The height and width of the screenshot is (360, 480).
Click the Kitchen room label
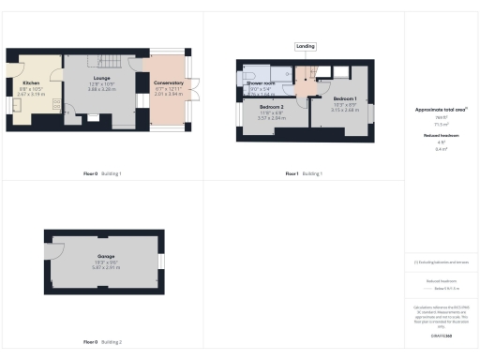tap(31, 82)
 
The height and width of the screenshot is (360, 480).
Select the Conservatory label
tap(169, 82)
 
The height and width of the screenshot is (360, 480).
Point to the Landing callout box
tap(305, 45)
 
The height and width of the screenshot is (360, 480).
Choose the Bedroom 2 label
tap(272, 107)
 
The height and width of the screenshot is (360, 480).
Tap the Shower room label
tap(261, 83)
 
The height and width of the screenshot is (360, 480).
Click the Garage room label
tap(105, 256)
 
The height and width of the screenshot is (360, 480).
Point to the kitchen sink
tap(15, 99)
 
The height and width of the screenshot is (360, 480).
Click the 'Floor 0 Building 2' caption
tap(102, 342)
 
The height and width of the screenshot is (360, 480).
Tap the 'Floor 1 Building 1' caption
tap(304, 173)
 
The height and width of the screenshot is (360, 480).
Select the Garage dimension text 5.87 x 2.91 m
tap(105, 267)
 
